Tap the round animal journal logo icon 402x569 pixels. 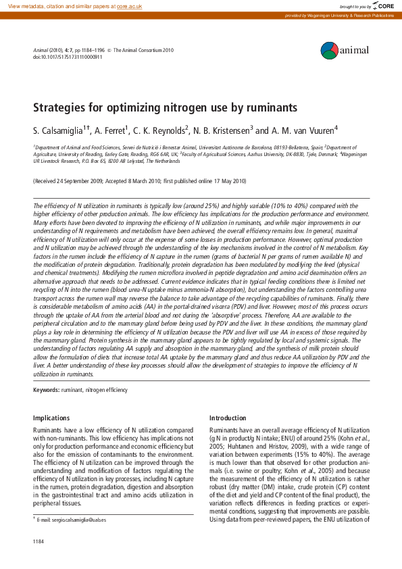click(x=329, y=49)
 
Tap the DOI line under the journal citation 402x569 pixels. click(x=68, y=57)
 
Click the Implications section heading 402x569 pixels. click(x=51, y=418)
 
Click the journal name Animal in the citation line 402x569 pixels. click(x=41, y=49)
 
